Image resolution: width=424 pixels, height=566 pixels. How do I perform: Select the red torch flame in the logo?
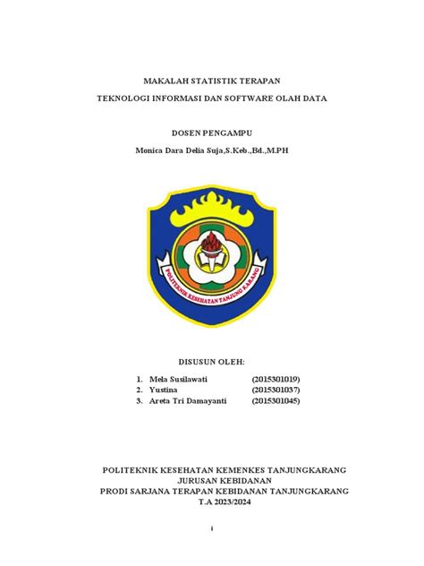point(211,241)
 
